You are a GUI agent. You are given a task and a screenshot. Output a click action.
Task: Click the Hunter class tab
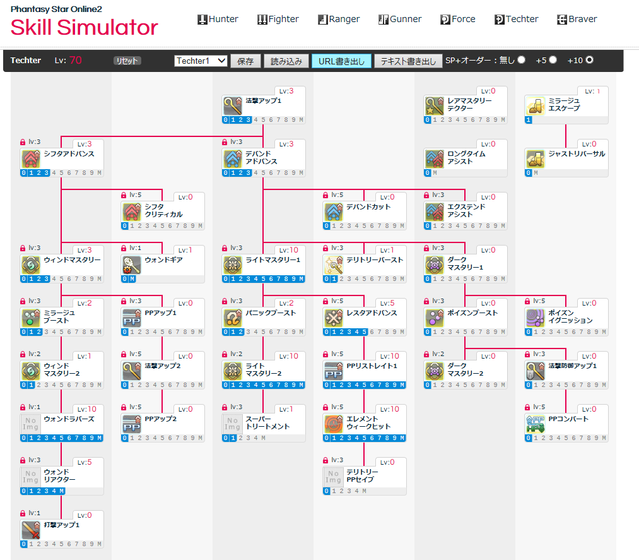(x=218, y=19)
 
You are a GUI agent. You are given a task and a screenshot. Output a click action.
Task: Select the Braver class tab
(x=577, y=19)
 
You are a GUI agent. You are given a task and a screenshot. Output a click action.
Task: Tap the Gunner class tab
(x=400, y=19)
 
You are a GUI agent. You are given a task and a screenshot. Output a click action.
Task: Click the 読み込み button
(x=286, y=61)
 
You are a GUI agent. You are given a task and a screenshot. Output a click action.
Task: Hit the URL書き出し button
(x=341, y=61)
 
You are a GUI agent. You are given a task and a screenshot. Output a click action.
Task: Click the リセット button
(x=127, y=61)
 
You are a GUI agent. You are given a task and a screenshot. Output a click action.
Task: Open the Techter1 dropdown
(x=201, y=61)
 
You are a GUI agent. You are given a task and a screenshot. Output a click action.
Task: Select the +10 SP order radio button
(x=590, y=60)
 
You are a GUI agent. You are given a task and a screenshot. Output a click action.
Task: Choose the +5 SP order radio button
(x=553, y=60)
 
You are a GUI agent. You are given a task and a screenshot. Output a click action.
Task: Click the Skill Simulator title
(x=84, y=27)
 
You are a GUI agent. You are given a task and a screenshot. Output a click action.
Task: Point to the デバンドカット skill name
(x=368, y=206)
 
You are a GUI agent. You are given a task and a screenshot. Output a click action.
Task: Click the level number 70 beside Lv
(x=76, y=61)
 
